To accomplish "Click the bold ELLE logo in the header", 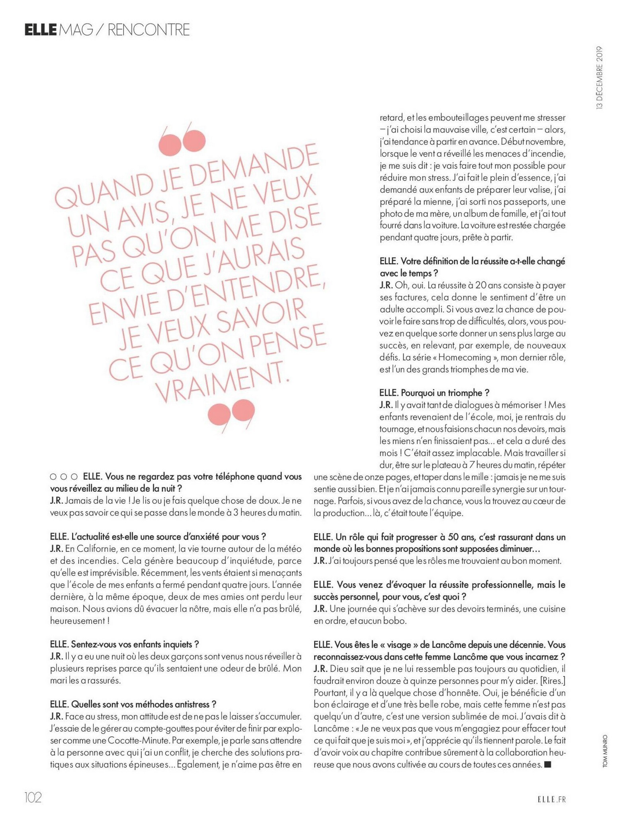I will tap(40, 30).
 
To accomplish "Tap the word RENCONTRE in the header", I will tap(149, 30).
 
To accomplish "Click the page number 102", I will tap(33, 797).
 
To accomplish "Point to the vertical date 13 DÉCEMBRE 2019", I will tap(600, 78).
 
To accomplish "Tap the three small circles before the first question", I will tap(64, 477).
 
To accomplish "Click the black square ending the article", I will tap(547, 764).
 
